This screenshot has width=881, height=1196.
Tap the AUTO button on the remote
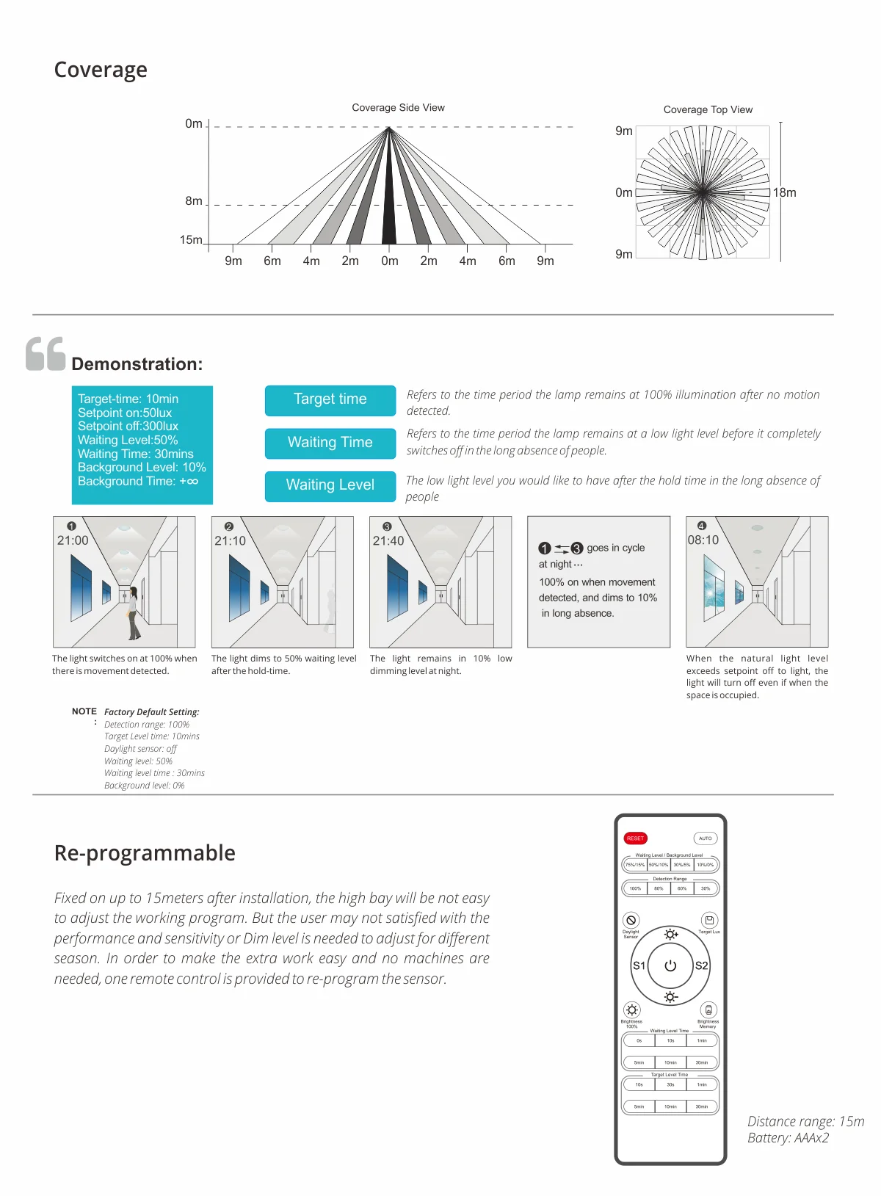click(x=705, y=838)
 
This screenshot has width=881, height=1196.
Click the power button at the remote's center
click(x=670, y=966)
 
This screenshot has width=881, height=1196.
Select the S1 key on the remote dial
click(x=639, y=966)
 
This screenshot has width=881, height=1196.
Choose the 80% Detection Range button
click(x=659, y=888)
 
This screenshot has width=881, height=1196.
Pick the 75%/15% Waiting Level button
click(x=635, y=865)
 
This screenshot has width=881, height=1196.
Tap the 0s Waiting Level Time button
click(x=639, y=1040)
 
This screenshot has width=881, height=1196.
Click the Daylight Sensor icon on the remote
click(x=631, y=921)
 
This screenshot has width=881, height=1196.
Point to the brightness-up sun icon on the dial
click(x=670, y=935)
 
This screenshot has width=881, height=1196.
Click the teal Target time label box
click(x=330, y=399)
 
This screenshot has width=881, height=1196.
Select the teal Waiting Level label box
click(x=330, y=485)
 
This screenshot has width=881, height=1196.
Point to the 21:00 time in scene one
click(x=73, y=540)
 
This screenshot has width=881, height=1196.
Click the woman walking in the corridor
click(x=133, y=613)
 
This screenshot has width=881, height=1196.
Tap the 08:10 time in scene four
click(x=703, y=540)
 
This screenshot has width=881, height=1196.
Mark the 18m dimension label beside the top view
click(x=784, y=193)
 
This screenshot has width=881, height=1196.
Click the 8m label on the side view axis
click(x=194, y=201)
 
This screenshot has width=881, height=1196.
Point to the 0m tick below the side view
click(x=389, y=261)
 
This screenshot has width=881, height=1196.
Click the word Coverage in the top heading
click(x=101, y=70)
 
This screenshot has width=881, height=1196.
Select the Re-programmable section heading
click(x=145, y=853)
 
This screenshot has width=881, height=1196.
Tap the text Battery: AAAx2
click(x=788, y=1138)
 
